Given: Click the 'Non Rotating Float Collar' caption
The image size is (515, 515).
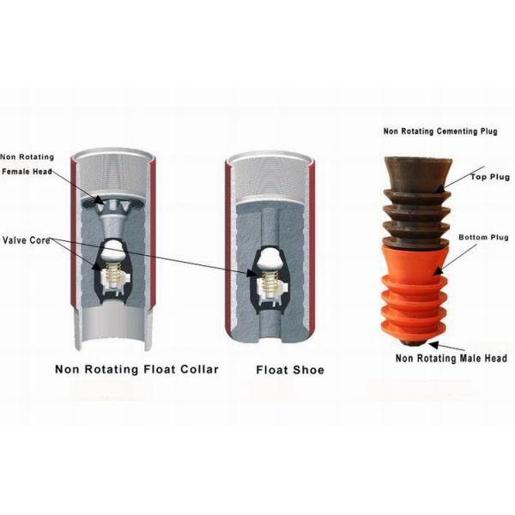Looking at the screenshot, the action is (x=136, y=370).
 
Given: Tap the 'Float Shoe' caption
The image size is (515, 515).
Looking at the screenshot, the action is (x=290, y=370).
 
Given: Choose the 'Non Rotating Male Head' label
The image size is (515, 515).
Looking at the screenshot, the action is (x=451, y=358).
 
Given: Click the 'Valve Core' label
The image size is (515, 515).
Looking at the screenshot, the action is (x=27, y=239).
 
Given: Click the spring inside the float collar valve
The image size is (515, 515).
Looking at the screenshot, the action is (x=112, y=276).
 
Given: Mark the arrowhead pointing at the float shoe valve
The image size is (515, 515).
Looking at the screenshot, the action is (x=253, y=274).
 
